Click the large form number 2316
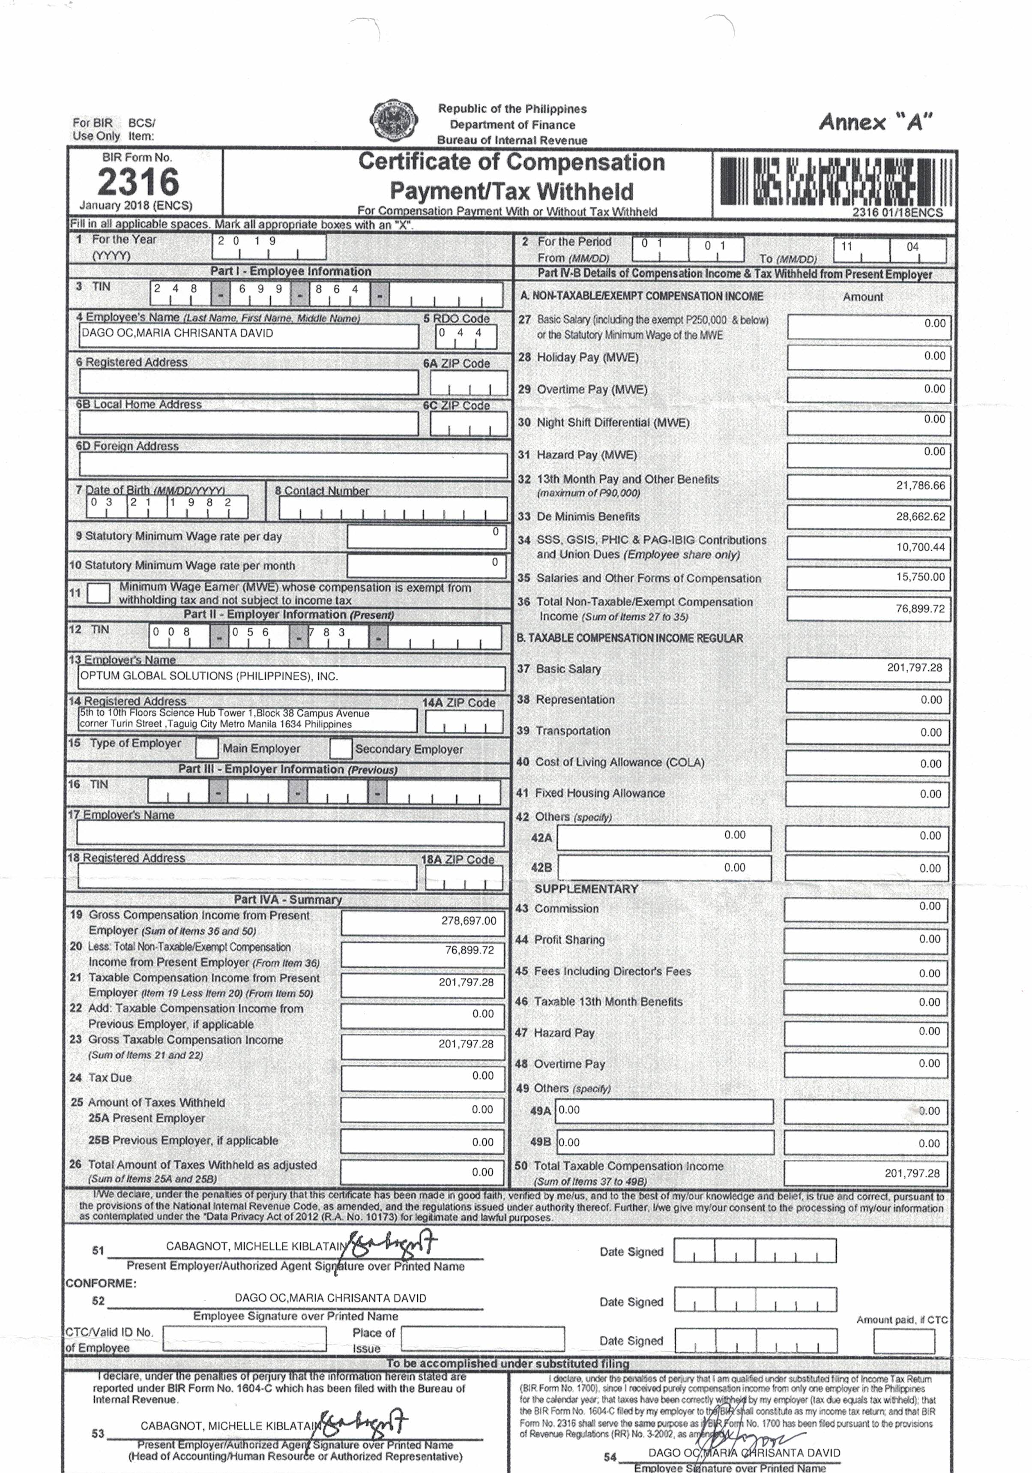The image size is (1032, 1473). point(138,182)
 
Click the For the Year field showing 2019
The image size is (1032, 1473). point(269,247)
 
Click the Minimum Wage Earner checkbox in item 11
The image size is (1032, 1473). point(98,592)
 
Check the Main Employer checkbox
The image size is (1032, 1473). point(206,748)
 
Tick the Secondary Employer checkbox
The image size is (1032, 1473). point(340,748)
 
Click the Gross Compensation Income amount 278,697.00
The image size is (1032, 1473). point(423,921)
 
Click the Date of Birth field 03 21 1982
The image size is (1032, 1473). point(167,507)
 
